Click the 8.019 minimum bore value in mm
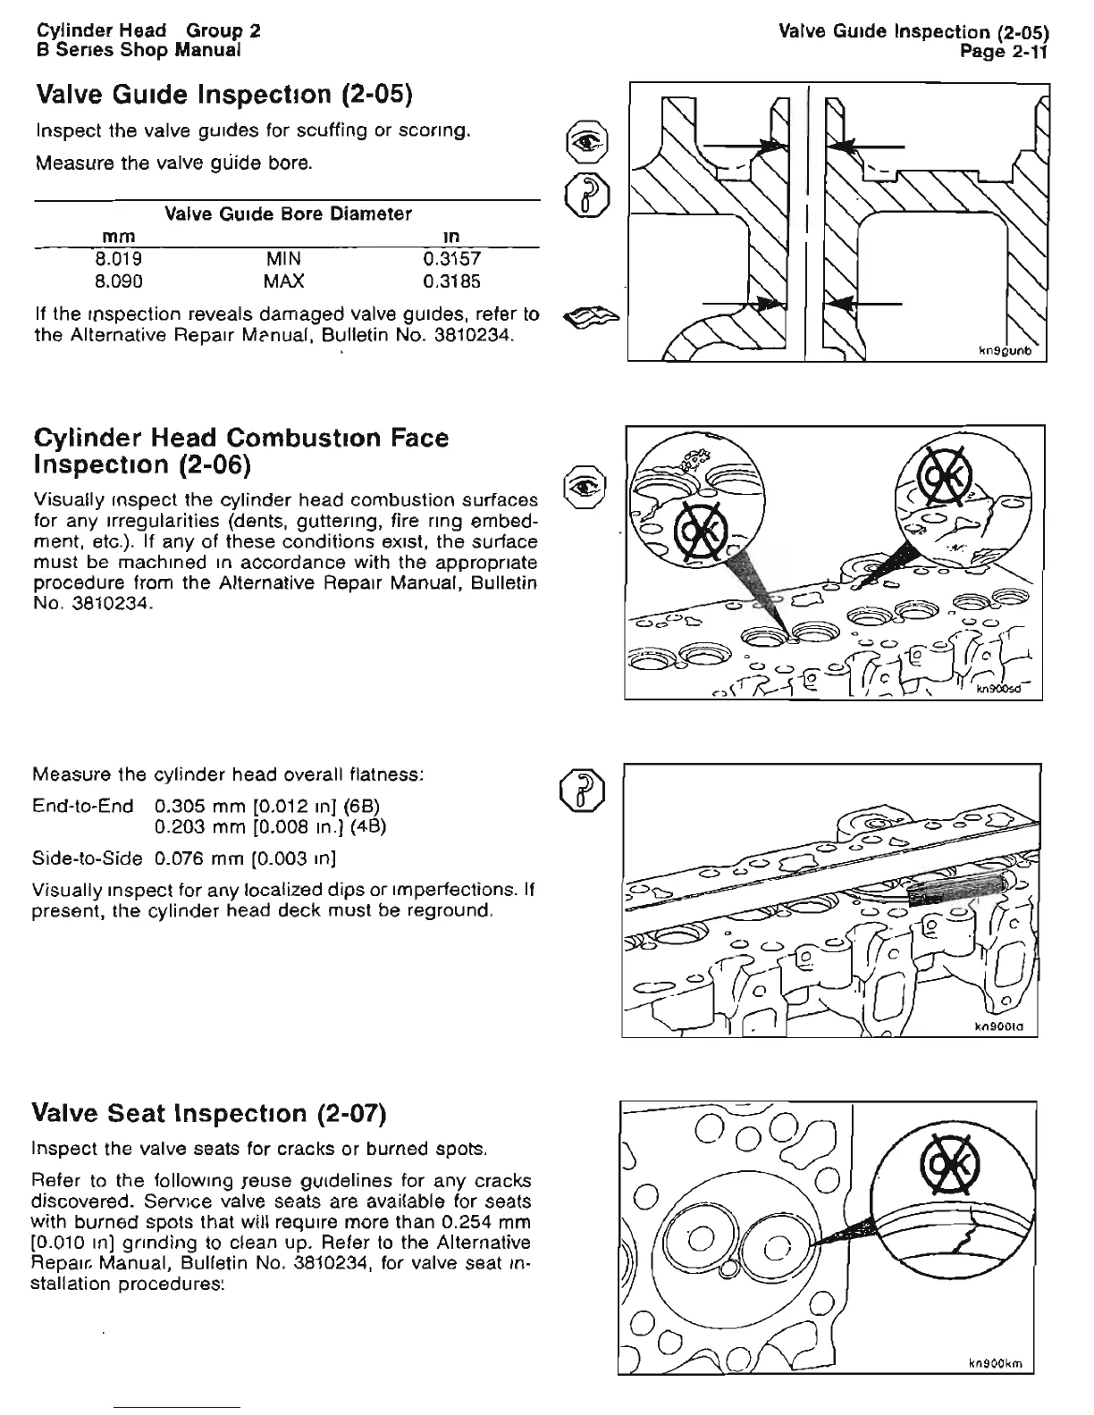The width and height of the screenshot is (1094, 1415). (119, 259)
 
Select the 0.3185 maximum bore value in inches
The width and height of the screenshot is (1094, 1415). (451, 281)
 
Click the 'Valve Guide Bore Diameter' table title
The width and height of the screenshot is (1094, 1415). (288, 214)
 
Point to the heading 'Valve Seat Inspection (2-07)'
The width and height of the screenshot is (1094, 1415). (208, 1114)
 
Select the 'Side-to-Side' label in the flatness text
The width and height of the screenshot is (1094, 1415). (87, 859)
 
